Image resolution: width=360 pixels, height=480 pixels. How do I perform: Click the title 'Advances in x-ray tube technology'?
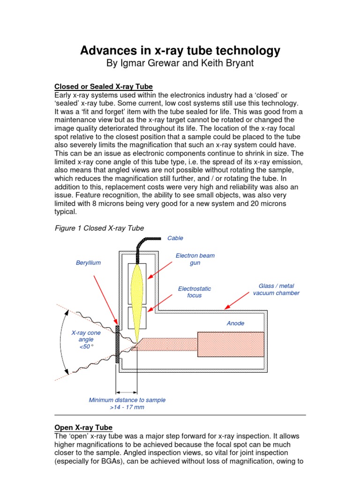coord(180,50)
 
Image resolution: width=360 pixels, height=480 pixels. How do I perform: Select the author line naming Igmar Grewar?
coord(180,63)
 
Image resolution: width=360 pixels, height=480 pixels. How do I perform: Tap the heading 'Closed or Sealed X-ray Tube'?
coord(104,87)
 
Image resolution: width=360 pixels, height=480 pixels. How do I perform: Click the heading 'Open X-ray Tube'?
coord(83,427)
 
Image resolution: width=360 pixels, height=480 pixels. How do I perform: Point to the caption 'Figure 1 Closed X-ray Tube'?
coord(99,228)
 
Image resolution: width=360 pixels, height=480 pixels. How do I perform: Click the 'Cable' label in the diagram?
coord(175,238)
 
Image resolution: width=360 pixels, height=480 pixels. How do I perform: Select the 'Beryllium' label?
coord(88,263)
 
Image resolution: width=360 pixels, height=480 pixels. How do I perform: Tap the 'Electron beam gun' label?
coord(195,259)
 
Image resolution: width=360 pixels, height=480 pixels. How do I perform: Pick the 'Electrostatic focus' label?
coord(194,292)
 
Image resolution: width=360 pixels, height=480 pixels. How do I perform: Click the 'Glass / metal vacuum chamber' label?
coord(276,289)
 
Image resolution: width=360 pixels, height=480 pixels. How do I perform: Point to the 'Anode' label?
coord(235,323)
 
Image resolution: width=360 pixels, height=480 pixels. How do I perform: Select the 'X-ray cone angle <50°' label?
coord(86,339)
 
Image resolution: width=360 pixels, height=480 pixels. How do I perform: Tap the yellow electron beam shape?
coord(137,300)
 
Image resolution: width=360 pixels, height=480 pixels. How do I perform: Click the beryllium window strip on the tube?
coord(118,344)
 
